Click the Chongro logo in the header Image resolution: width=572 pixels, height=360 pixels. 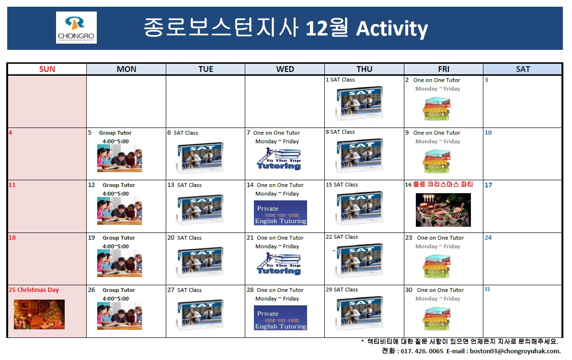point(76,27)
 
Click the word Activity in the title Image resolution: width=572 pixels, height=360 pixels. point(392,29)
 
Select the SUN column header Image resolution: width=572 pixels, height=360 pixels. point(47,69)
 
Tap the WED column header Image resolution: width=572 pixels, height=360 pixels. point(285,69)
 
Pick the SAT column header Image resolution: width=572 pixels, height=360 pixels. point(523,69)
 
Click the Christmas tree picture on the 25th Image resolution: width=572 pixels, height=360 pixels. point(39,314)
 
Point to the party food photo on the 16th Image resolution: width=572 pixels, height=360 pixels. point(443,209)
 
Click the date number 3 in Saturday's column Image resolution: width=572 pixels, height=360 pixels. point(486,80)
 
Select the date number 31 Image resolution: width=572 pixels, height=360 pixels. point(487,289)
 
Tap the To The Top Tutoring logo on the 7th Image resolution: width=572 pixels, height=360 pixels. point(279,159)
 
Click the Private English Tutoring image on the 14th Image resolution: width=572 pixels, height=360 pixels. point(280,213)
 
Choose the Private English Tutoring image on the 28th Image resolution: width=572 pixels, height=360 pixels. point(280,318)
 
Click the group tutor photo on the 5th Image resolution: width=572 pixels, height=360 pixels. point(120,158)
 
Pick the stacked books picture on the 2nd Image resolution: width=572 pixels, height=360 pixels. point(436,108)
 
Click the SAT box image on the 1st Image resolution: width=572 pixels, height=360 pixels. point(359,103)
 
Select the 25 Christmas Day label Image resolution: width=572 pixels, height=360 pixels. point(34,290)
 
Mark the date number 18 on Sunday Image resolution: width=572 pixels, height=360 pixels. point(12,237)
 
